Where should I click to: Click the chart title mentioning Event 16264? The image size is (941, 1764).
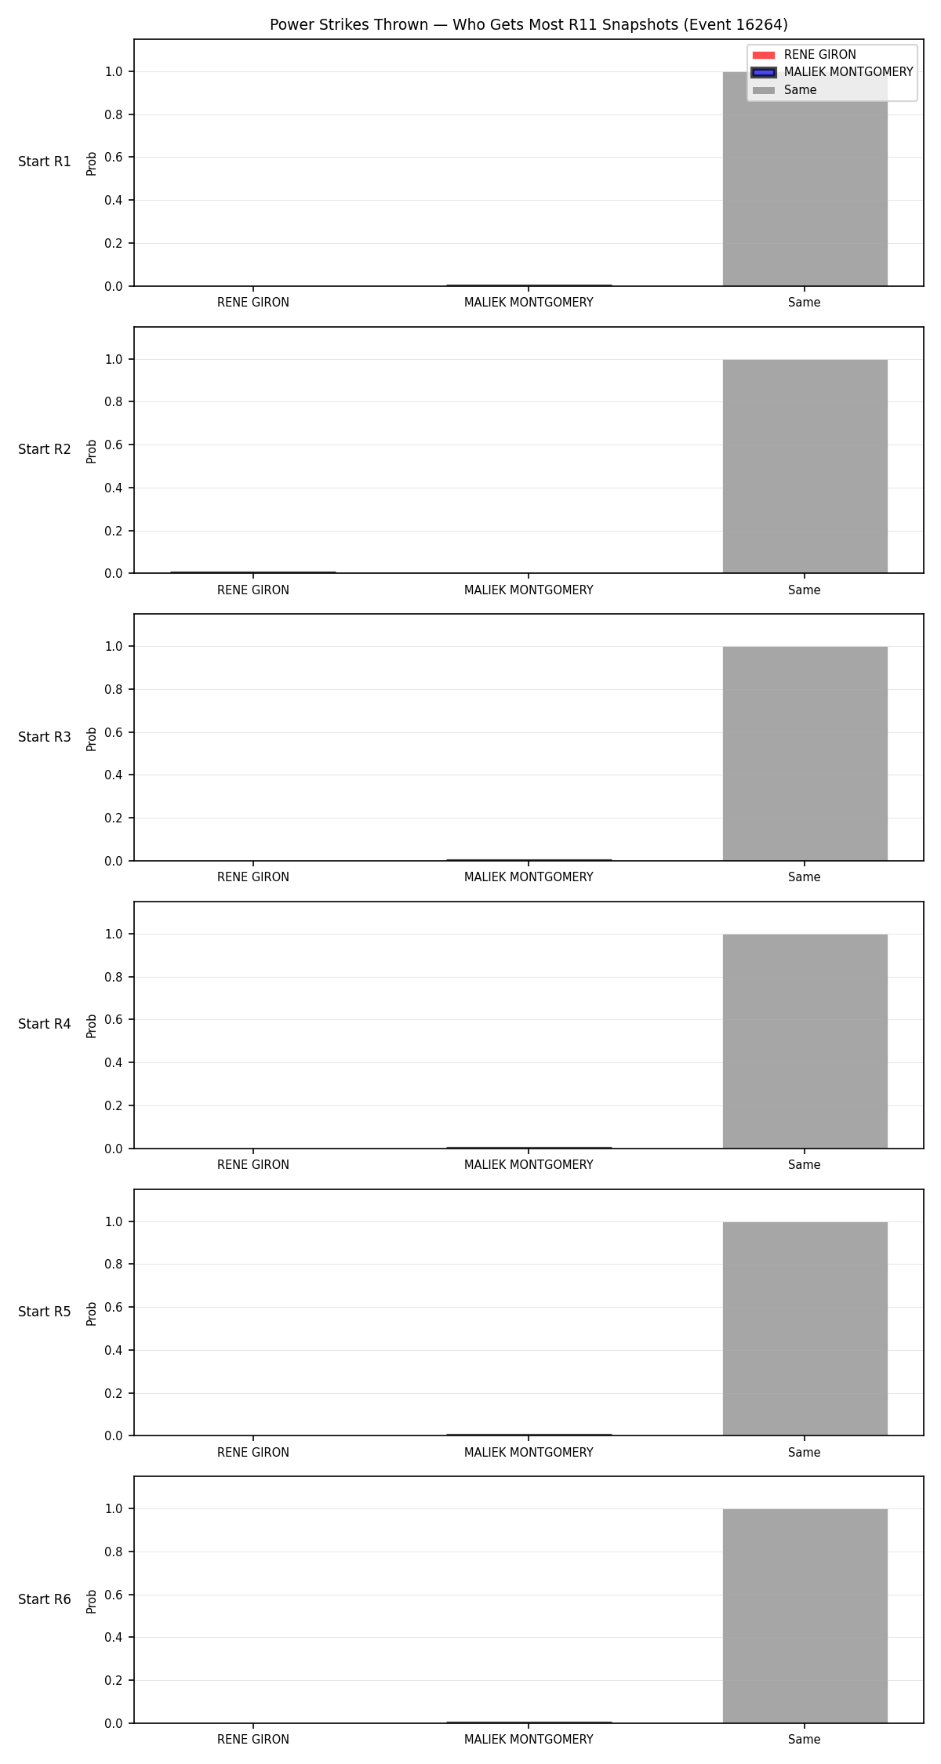[529, 25]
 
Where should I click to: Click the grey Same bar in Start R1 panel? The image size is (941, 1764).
[805, 179]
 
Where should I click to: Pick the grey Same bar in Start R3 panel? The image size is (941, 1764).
[805, 753]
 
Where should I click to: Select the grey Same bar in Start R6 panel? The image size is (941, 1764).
[805, 1616]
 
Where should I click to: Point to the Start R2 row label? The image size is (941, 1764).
[45, 449]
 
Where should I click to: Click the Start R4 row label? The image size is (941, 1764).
[45, 1024]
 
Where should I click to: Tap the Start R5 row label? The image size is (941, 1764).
[45, 1312]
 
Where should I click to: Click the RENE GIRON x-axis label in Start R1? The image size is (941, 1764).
[253, 303]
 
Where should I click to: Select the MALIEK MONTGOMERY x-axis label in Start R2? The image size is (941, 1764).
[529, 590]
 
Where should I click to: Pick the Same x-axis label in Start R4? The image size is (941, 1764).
[805, 1165]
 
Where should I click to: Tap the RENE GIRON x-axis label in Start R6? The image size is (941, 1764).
[253, 1740]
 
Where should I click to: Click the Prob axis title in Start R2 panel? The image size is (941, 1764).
[92, 451]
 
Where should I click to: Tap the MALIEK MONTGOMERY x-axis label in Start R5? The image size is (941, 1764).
[529, 1453]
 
